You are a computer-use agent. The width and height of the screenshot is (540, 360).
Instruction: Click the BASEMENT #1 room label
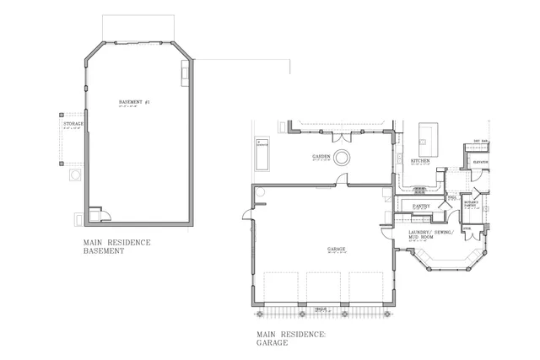(134, 102)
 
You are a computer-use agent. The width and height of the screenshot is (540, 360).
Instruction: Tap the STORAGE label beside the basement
(73, 125)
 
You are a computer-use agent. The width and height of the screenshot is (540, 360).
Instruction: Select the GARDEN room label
(321, 157)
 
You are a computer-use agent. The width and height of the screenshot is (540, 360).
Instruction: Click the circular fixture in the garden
(343, 157)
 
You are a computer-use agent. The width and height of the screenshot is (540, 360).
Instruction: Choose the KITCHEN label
(420, 160)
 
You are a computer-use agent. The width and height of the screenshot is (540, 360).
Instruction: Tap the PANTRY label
(422, 206)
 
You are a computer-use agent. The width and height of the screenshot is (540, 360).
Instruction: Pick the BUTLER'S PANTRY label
(472, 203)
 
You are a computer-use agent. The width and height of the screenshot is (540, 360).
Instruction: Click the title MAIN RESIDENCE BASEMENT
(116, 246)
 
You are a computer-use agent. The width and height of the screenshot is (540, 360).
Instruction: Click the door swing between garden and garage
(342, 180)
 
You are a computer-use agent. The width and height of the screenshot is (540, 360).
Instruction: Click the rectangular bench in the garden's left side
(261, 154)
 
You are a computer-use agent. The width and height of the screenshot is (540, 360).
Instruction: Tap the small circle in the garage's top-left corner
(261, 192)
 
